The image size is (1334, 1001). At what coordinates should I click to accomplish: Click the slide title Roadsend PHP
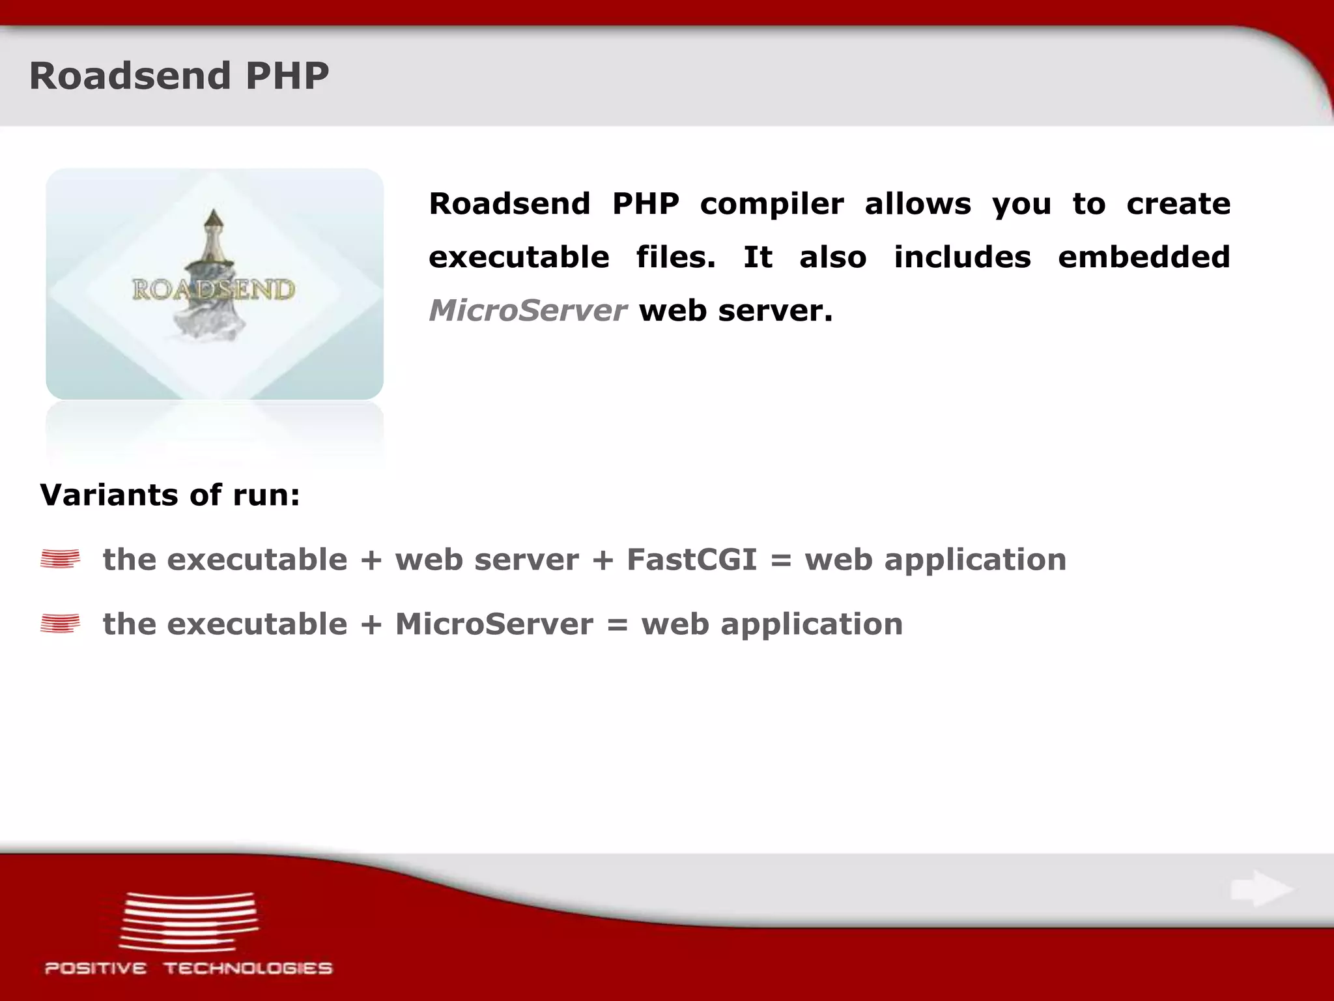pyautogui.click(x=179, y=76)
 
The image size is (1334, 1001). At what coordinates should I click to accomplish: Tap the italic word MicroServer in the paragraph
pyautogui.click(x=528, y=310)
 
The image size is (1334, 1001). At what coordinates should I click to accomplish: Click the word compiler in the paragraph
pyautogui.click(x=772, y=204)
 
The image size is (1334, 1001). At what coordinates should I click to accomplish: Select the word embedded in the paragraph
pyautogui.click(x=1144, y=257)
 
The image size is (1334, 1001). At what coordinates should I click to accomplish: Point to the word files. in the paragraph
pyautogui.click(x=675, y=257)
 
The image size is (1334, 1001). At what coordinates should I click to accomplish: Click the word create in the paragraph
pyautogui.click(x=1178, y=204)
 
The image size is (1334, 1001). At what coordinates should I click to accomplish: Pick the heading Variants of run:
pyautogui.click(x=170, y=495)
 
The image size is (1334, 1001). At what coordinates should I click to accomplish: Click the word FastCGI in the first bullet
pyautogui.click(x=692, y=560)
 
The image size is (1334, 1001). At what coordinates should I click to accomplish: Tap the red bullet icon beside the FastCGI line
pyautogui.click(x=60, y=559)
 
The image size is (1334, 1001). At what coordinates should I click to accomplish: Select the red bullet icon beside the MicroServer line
pyautogui.click(x=60, y=624)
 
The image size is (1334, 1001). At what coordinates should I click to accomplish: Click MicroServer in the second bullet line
pyautogui.click(x=494, y=624)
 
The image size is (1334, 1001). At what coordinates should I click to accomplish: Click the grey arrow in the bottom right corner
pyautogui.click(x=1261, y=889)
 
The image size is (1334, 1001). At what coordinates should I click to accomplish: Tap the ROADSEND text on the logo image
pyautogui.click(x=214, y=289)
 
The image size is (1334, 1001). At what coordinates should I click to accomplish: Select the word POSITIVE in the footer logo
pyautogui.click(x=96, y=968)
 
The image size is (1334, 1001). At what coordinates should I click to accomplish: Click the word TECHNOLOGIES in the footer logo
pyautogui.click(x=248, y=968)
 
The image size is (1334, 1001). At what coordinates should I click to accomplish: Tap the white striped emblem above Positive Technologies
pyautogui.click(x=189, y=920)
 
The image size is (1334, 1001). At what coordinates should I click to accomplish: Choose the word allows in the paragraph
pyautogui.click(x=917, y=204)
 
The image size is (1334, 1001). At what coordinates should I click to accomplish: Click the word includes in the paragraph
pyautogui.click(x=962, y=257)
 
